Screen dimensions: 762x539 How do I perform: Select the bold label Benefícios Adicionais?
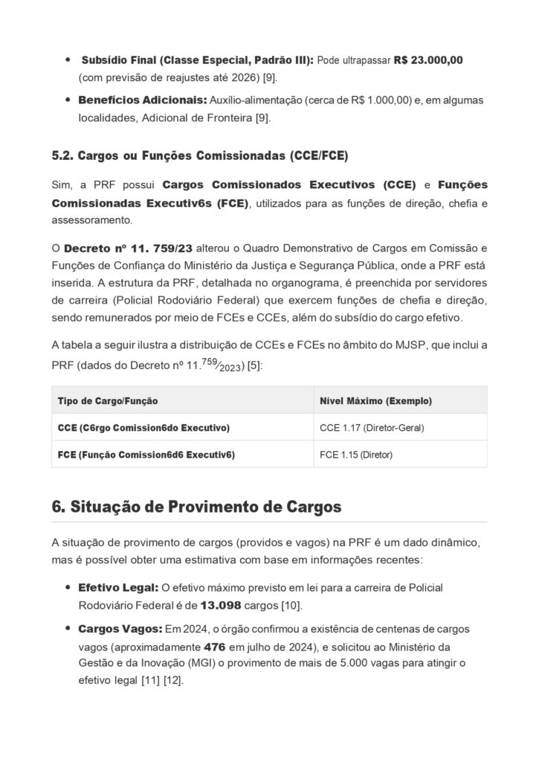tap(141, 100)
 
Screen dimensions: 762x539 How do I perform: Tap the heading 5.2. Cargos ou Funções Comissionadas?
tap(199, 156)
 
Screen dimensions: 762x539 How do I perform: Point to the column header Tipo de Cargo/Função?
tap(108, 400)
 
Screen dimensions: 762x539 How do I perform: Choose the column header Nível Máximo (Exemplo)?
tap(375, 400)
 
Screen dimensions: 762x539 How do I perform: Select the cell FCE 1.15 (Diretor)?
tap(355, 455)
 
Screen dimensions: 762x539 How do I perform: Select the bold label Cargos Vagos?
tap(120, 629)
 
